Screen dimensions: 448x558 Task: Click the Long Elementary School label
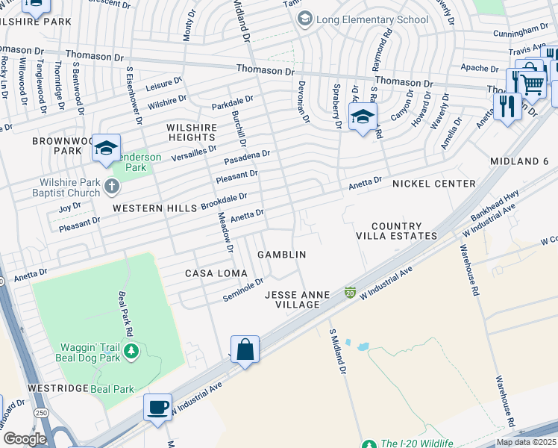click(x=372, y=19)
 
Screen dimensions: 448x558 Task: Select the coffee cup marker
click(x=157, y=408)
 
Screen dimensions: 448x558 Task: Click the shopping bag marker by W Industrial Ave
click(x=245, y=349)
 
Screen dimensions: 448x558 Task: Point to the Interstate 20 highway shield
click(x=349, y=292)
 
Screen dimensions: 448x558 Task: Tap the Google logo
click(x=24, y=439)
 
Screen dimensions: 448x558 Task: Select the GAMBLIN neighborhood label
click(x=281, y=255)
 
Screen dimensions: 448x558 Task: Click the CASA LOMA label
click(x=210, y=274)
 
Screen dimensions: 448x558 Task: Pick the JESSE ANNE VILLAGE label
click(x=297, y=299)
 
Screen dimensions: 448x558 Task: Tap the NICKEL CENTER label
click(x=433, y=184)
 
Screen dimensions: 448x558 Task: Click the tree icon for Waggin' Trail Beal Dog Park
click(x=131, y=351)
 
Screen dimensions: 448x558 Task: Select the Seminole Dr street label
click(x=243, y=290)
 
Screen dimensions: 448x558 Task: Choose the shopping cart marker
click(x=531, y=85)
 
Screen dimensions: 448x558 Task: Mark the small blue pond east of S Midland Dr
click(x=363, y=346)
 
